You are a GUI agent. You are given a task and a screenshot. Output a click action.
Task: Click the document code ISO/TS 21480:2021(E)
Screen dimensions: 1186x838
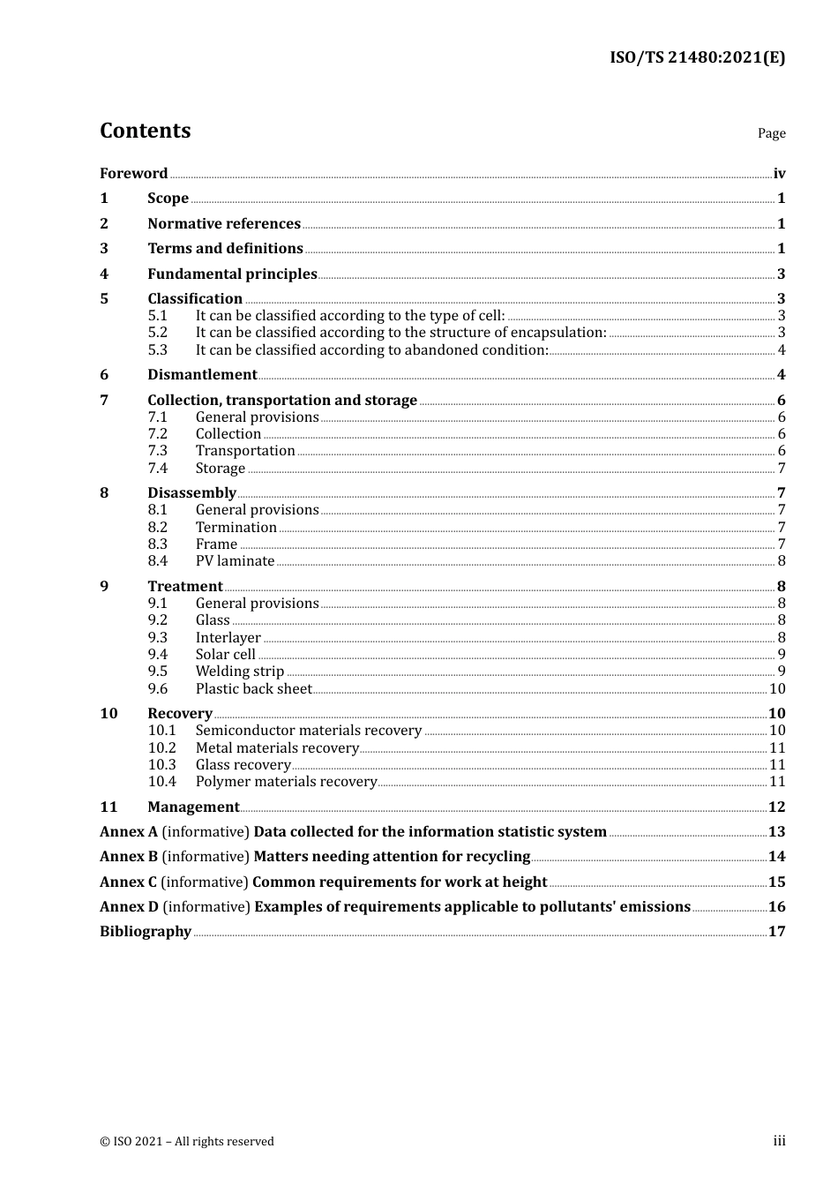pyautogui.click(x=697, y=58)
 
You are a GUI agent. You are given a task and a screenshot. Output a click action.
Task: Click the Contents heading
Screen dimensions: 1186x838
pyautogui.click(x=145, y=131)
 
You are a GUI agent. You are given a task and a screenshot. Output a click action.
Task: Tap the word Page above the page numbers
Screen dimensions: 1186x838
pyautogui.click(x=771, y=133)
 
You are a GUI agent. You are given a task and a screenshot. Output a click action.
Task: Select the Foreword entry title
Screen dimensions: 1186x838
pyautogui.click(x=133, y=174)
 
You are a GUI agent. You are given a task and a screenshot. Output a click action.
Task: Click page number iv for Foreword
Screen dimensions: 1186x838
pyautogui.click(x=779, y=174)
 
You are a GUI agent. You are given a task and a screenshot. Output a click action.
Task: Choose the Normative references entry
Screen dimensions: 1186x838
pyautogui.click(x=224, y=224)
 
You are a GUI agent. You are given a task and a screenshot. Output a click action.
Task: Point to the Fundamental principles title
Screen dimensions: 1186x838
pyautogui.click(x=232, y=274)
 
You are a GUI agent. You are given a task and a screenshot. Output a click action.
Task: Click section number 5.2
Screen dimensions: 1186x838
pyautogui.click(x=157, y=333)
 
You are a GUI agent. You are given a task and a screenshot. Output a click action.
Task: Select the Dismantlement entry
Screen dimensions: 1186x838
pyautogui.click(x=202, y=375)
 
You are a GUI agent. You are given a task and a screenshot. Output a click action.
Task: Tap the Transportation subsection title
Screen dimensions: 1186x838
pyautogui.click(x=245, y=451)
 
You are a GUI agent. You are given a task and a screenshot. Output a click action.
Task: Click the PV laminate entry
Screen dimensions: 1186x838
pyautogui.click(x=235, y=561)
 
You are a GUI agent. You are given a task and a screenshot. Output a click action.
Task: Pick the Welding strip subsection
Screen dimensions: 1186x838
pyautogui.click(x=240, y=672)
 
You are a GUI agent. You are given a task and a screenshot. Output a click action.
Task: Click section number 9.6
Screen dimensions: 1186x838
pyautogui.click(x=157, y=689)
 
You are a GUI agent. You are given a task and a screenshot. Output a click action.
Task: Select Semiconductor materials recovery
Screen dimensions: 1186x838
pyautogui.click(x=309, y=731)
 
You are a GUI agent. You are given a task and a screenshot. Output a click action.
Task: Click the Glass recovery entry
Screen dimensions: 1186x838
pyautogui.click(x=243, y=765)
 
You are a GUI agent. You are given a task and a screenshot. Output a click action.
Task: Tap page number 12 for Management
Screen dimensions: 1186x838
pyautogui.click(x=776, y=807)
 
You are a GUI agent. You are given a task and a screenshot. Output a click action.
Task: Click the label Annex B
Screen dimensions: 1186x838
pyautogui.click(x=129, y=857)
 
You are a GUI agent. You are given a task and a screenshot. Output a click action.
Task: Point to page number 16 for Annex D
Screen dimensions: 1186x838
pyautogui.click(x=776, y=907)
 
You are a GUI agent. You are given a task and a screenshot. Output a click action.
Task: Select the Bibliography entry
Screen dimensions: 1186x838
pyautogui.click(x=146, y=932)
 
